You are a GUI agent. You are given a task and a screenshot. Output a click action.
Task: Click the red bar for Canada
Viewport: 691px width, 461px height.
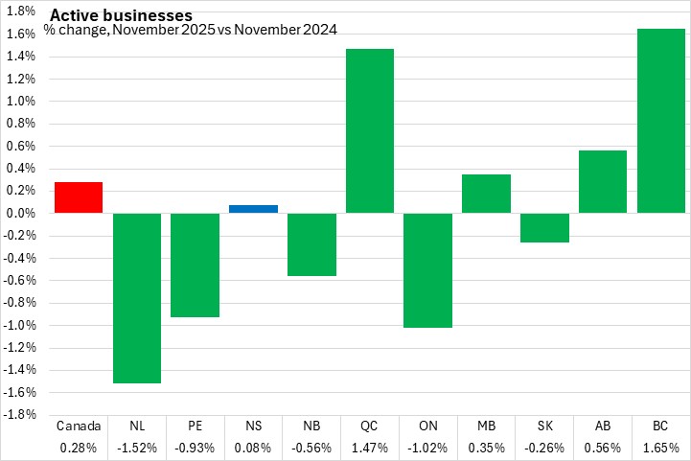[x=79, y=197]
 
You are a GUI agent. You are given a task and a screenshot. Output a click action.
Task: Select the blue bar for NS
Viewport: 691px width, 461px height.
[x=253, y=209]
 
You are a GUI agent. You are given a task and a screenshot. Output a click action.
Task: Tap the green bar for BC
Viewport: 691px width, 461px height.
[x=660, y=121]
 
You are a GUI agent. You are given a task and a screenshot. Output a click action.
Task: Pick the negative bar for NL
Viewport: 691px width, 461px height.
[x=137, y=297]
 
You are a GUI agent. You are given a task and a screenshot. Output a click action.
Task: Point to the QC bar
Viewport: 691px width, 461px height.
[x=370, y=130]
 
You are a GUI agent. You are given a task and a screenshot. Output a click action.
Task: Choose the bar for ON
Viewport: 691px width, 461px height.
[x=427, y=270]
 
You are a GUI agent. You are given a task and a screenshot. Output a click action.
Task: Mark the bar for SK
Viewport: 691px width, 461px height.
[x=544, y=227]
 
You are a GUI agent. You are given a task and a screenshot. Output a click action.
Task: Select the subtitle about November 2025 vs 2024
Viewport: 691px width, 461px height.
[x=190, y=31]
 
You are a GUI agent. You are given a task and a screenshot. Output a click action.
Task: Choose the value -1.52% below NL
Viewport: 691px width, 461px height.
[x=137, y=448]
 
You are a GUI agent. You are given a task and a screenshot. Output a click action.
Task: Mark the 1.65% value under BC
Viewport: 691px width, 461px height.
[x=660, y=448]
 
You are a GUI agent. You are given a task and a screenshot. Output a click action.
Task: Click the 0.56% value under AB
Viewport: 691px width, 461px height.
[x=603, y=448]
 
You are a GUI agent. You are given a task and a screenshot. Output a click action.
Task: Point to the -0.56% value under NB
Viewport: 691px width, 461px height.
[x=311, y=448]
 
